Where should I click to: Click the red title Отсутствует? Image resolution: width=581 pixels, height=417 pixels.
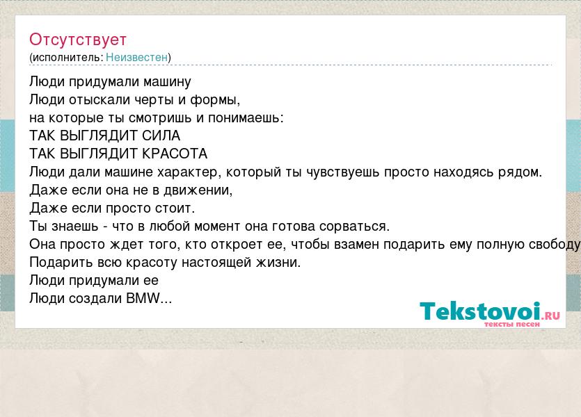[x=78, y=40]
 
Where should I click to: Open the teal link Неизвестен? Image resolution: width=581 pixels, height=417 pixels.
[x=137, y=58]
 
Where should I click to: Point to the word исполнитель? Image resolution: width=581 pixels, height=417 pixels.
[x=66, y=58]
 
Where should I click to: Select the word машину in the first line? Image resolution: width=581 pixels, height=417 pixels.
[x=167, y=82]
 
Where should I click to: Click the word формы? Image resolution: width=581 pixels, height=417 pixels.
[x=215, y=100]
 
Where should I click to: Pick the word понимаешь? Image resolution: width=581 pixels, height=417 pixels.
[x=246, y=118]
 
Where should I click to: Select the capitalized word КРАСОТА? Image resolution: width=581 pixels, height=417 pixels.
[x=175, y=154]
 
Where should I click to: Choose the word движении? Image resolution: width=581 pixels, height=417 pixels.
[x=198, y=190]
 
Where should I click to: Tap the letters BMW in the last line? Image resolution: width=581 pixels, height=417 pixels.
[x=143, y=298]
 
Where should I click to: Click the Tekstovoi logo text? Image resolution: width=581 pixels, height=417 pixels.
[x=480, y=311]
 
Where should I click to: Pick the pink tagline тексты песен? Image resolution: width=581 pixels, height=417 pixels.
[x=512, y=325]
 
